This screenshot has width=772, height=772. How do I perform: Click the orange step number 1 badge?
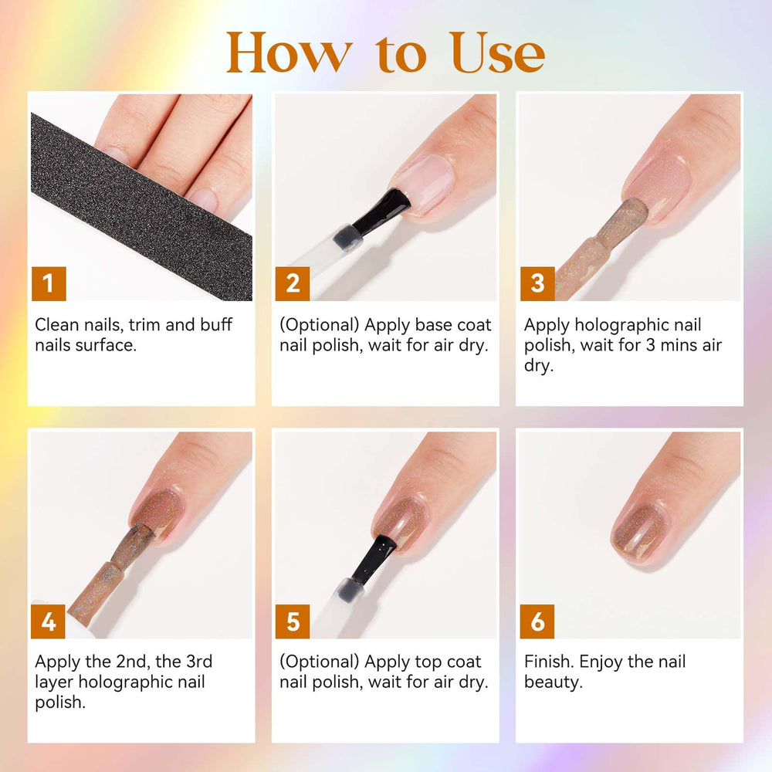tap(49, 283)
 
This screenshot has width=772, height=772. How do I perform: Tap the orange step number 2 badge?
tap(293, 283)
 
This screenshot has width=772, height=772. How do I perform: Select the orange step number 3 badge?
tap(537, 283)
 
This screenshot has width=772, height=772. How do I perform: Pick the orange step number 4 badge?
tap(48, 621)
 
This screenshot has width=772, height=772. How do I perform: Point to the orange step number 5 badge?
tap(293, 621)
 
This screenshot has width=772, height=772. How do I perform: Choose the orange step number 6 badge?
tap(537, 621)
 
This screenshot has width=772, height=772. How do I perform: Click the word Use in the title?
tap(497, 52)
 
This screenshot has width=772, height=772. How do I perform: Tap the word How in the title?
tap(289, 52)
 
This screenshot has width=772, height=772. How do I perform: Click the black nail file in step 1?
tap(142, 207)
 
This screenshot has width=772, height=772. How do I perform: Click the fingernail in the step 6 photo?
tap(641, 532)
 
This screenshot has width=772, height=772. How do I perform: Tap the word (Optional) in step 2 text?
tap(320, 326)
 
